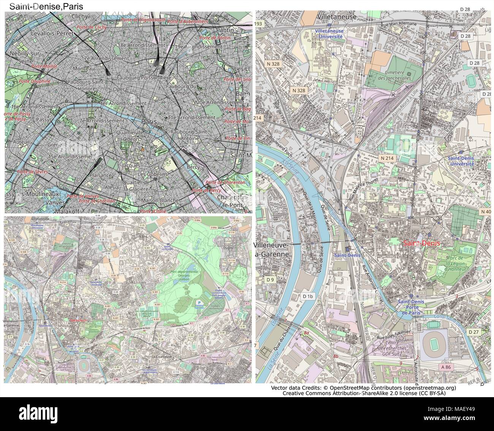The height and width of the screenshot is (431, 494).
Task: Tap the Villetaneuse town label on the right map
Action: click(337, 17)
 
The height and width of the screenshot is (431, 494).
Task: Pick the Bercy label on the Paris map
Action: click(193, 167)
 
